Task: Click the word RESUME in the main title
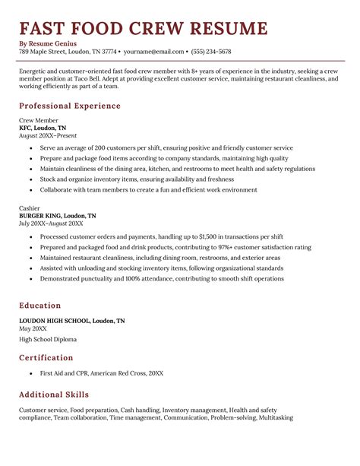pyautogui.click(x=226, y=29)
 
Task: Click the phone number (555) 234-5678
pyautogui.click(x=211, y=52)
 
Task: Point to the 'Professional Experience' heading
pyautogui.click(x=70, y=106)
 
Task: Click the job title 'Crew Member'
pyautogui.click(x=36, y=121)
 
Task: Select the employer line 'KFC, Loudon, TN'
pyautogui.click(x=43, y=128)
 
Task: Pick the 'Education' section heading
pyautogui.click(x=41, y=305)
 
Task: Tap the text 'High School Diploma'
pyautogui.click(x=46, y=339)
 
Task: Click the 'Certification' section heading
pyautogui.click(x=46, y=357)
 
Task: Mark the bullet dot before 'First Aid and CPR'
pyautogui.click(x=30, y=374)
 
